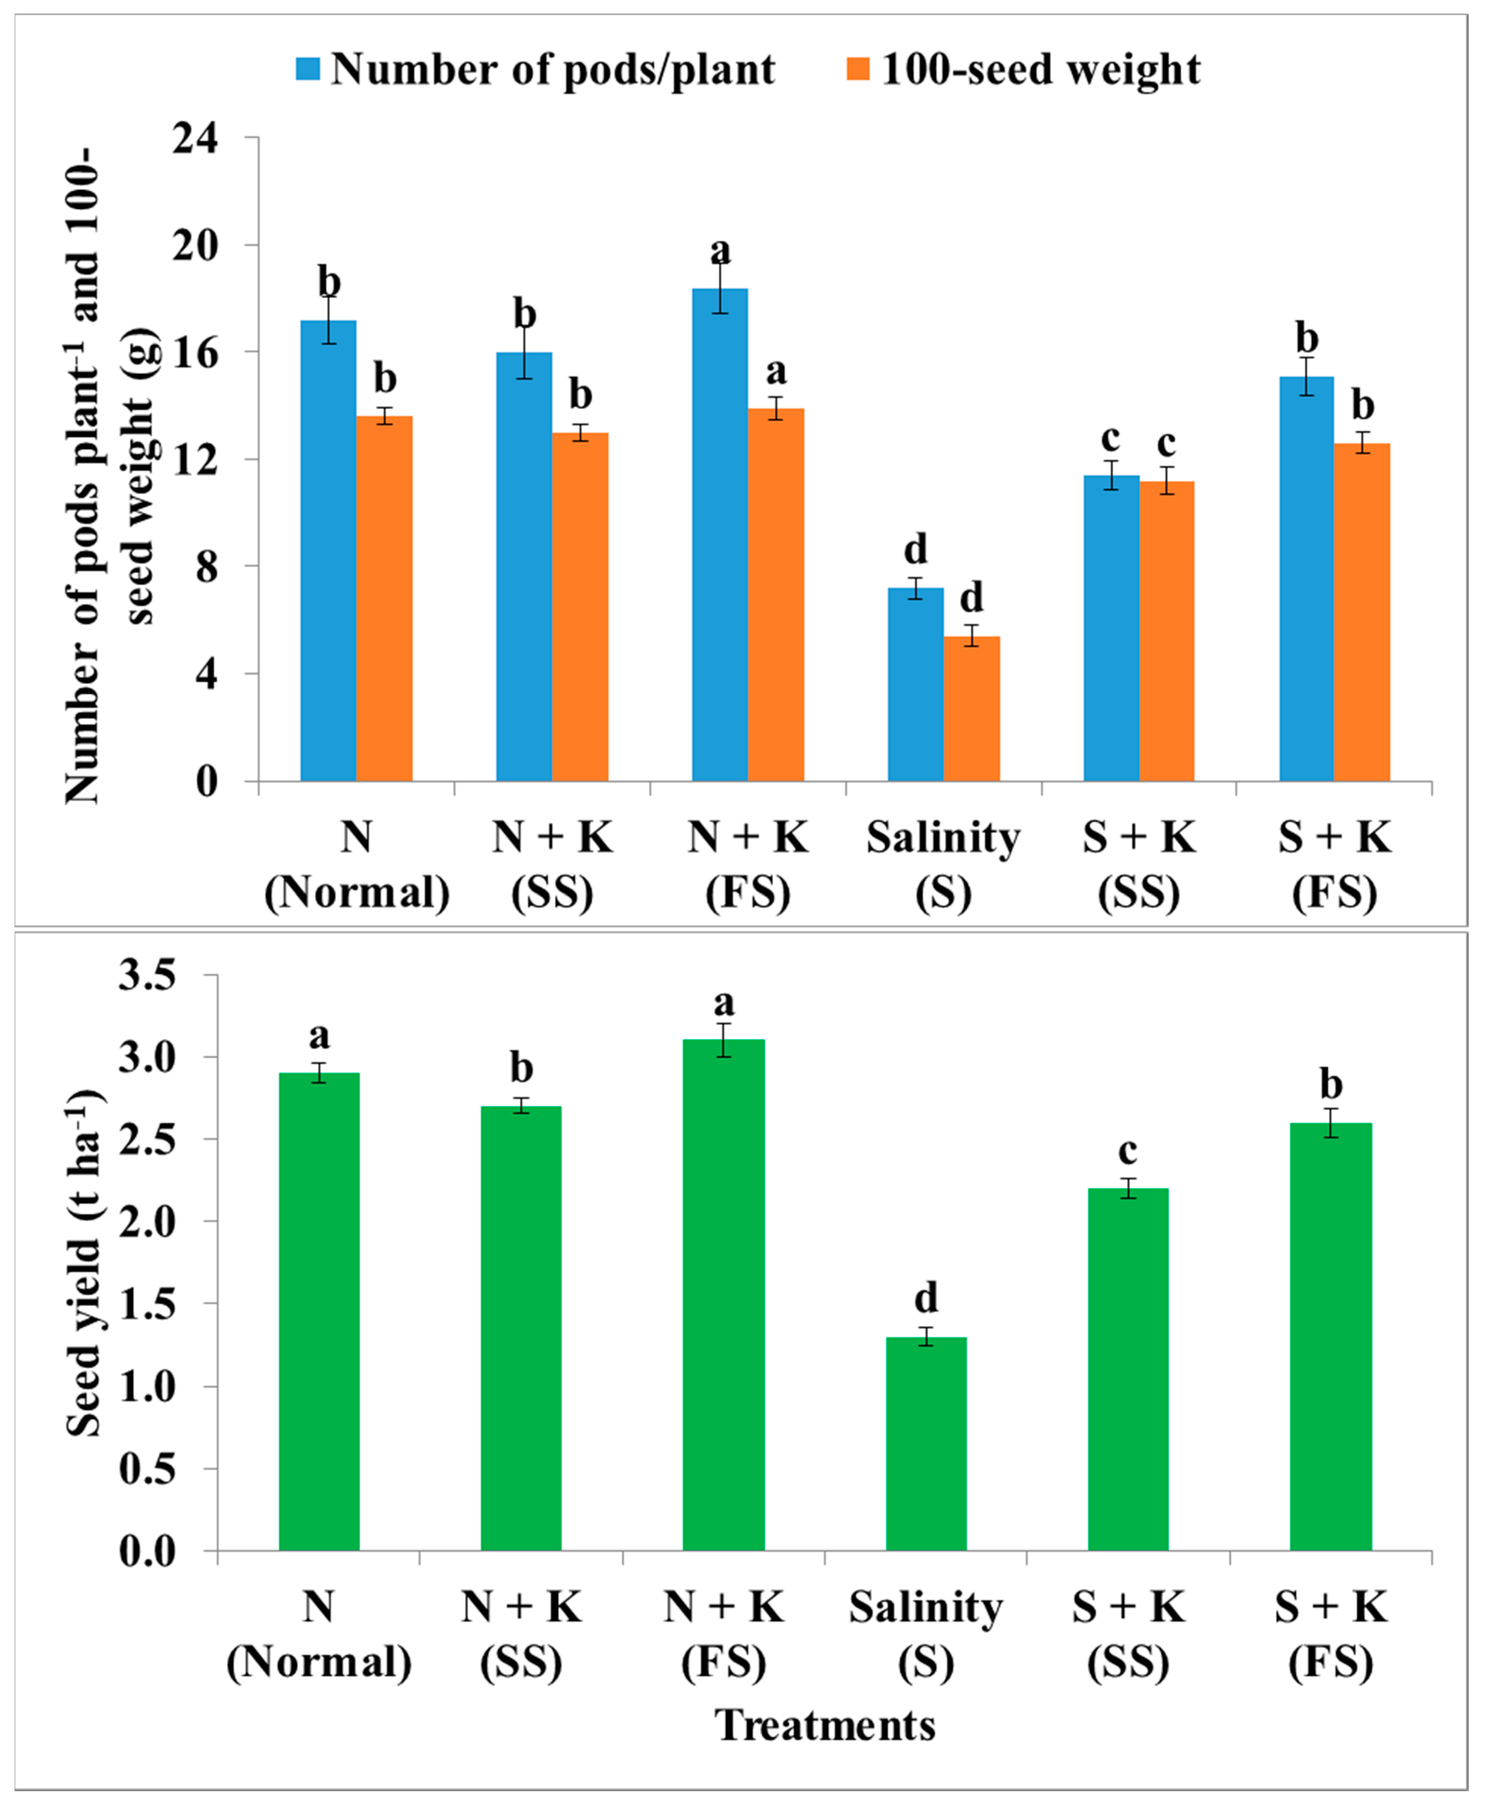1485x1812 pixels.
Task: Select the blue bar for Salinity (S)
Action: tap(915, 685)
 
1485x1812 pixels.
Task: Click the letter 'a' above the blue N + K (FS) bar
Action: tap(720, 252)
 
